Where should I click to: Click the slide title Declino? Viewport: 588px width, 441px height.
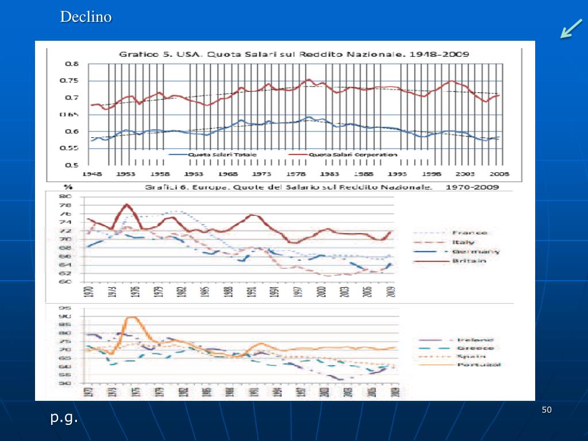click(x=86, y=17)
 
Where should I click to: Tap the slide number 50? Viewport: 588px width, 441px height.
click(x=546, y=409)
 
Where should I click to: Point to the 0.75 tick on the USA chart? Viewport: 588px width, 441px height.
click(x=71, y=81)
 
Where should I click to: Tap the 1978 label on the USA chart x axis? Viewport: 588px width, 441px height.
click(x=296, y=174)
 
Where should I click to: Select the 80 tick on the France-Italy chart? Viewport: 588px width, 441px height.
click(x=65, y=197)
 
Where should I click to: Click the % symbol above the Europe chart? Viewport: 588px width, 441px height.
click(x=68, y=187)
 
